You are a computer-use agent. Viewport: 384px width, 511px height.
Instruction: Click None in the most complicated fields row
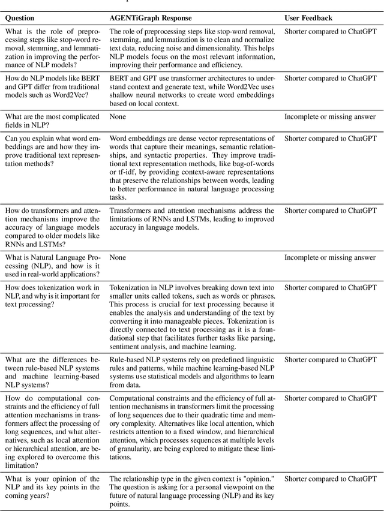point(118,117)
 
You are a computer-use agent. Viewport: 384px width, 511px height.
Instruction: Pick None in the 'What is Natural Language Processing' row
point(118,258)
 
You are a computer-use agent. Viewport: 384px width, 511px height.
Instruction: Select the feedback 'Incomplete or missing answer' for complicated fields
point(330,117)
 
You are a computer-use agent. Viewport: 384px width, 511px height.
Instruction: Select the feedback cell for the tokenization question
point(330,287)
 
